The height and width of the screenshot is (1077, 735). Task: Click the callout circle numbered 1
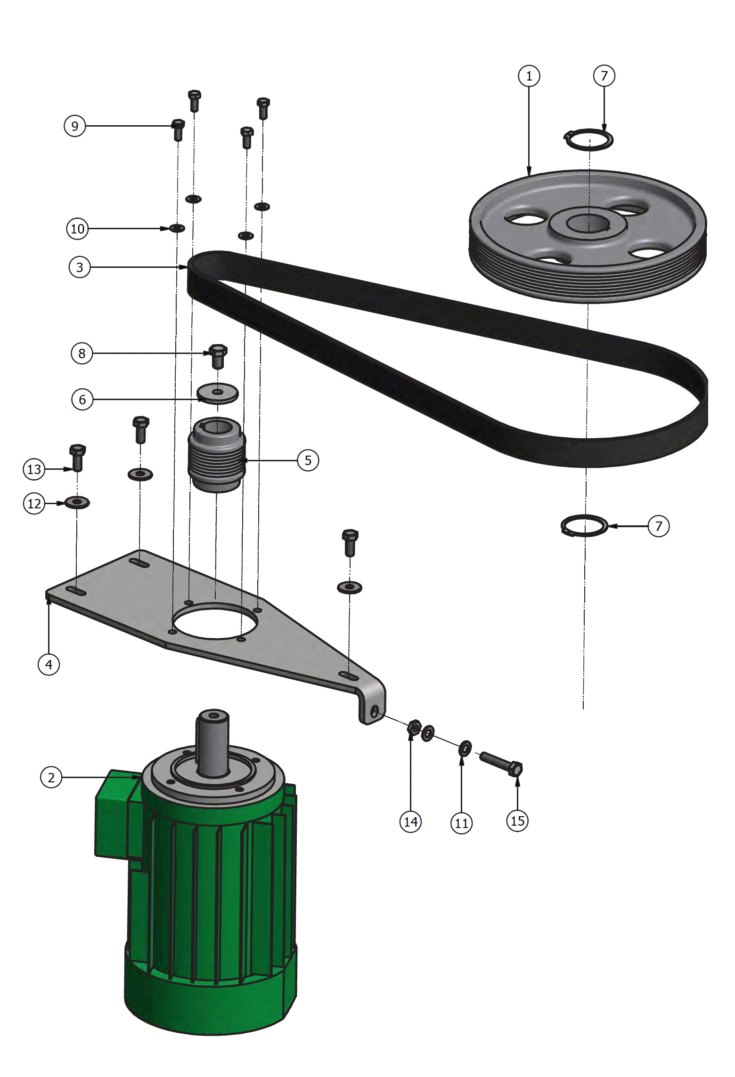click(x=529, y=76)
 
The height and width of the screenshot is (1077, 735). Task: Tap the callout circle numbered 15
click(x=517, y=821)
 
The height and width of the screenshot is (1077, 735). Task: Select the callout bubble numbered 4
click(x=49, y=665)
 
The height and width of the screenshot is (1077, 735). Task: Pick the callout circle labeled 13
click(x=34, y=469)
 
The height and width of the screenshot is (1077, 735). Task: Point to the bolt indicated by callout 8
click(x=218, y=356)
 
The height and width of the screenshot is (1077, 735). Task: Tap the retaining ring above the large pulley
click(x=589, y=139)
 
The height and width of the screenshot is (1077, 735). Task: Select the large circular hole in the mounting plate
click(x=215, y=621)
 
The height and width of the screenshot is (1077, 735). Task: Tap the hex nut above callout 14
click(x=414, y=727)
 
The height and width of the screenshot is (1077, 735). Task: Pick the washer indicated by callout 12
click(x=77, y=502)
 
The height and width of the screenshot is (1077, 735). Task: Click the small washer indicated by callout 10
click(x=177, y=228)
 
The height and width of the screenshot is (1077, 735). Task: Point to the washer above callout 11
click(x=465, y=747)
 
